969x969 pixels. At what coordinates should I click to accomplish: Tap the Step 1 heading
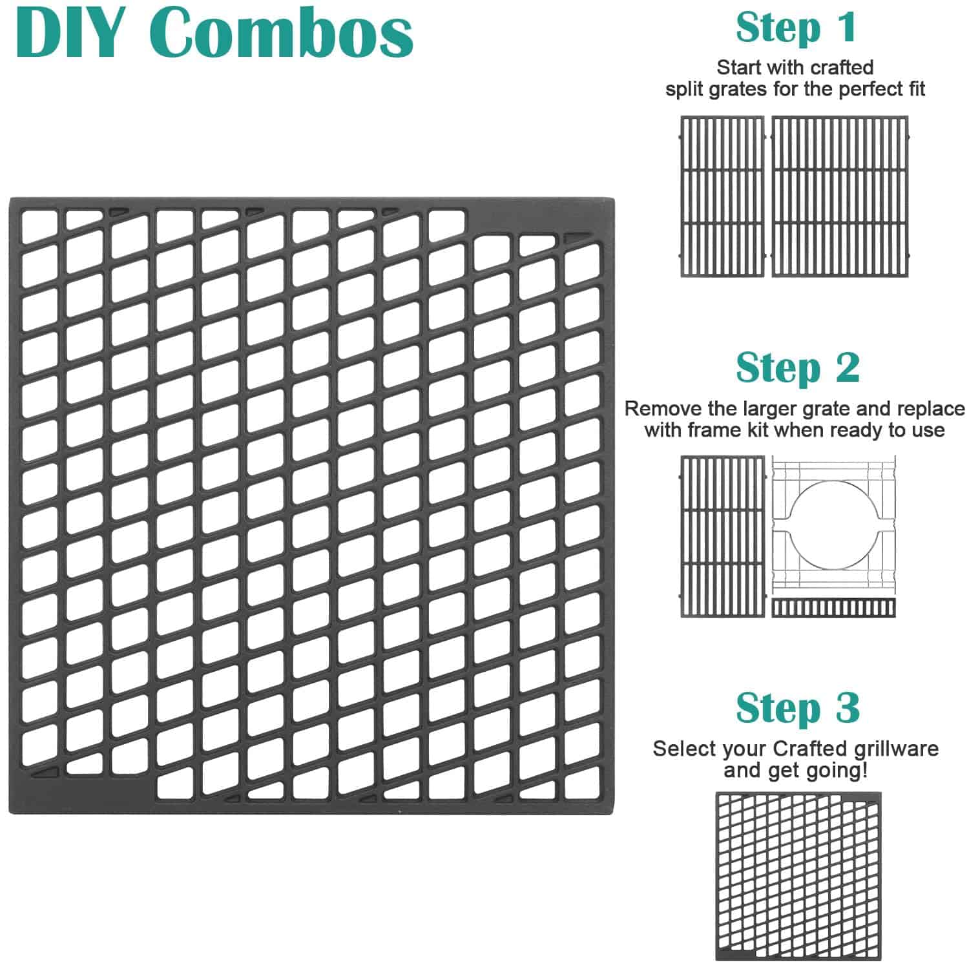(796, 28)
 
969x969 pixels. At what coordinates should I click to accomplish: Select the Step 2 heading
(798, 368)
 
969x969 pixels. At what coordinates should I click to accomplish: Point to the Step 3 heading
(798, 708)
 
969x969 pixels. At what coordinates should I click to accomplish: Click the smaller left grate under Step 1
(722, 196)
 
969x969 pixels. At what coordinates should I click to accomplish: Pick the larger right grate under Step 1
(840, 196)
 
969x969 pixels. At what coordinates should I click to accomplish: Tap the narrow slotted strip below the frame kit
(833, 608)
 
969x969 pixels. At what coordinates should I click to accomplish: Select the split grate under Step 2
(722, 537)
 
